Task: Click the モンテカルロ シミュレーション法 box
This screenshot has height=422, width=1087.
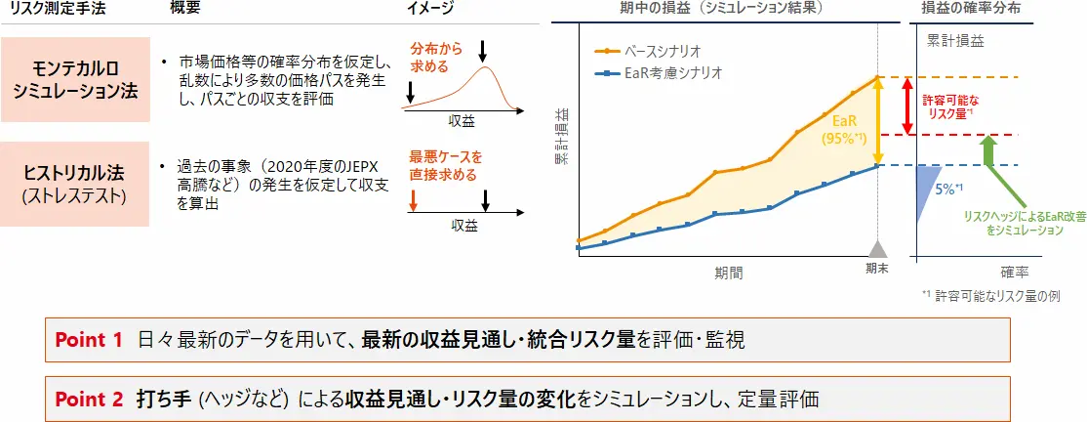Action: (x=75, y=80)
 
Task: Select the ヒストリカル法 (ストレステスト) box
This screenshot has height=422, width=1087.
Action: (x=75, y=184)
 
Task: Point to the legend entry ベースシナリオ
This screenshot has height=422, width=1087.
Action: (x=649, y=52)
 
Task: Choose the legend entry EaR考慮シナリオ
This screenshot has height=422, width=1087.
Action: (x=659, y=73)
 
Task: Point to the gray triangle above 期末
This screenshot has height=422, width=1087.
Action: (x=878, y=249)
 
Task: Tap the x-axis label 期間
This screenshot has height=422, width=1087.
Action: (x=728, y=273)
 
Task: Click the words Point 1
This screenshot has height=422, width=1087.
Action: (x=89, y=339)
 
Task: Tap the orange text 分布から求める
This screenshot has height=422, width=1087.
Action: (x=432, y=59)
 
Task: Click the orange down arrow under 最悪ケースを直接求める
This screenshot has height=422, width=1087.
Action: (x=413, y=200)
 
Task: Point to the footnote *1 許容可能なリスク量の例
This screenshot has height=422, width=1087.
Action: (x=993, y=295)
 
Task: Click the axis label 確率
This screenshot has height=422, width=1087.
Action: (x=1014, y=273)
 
